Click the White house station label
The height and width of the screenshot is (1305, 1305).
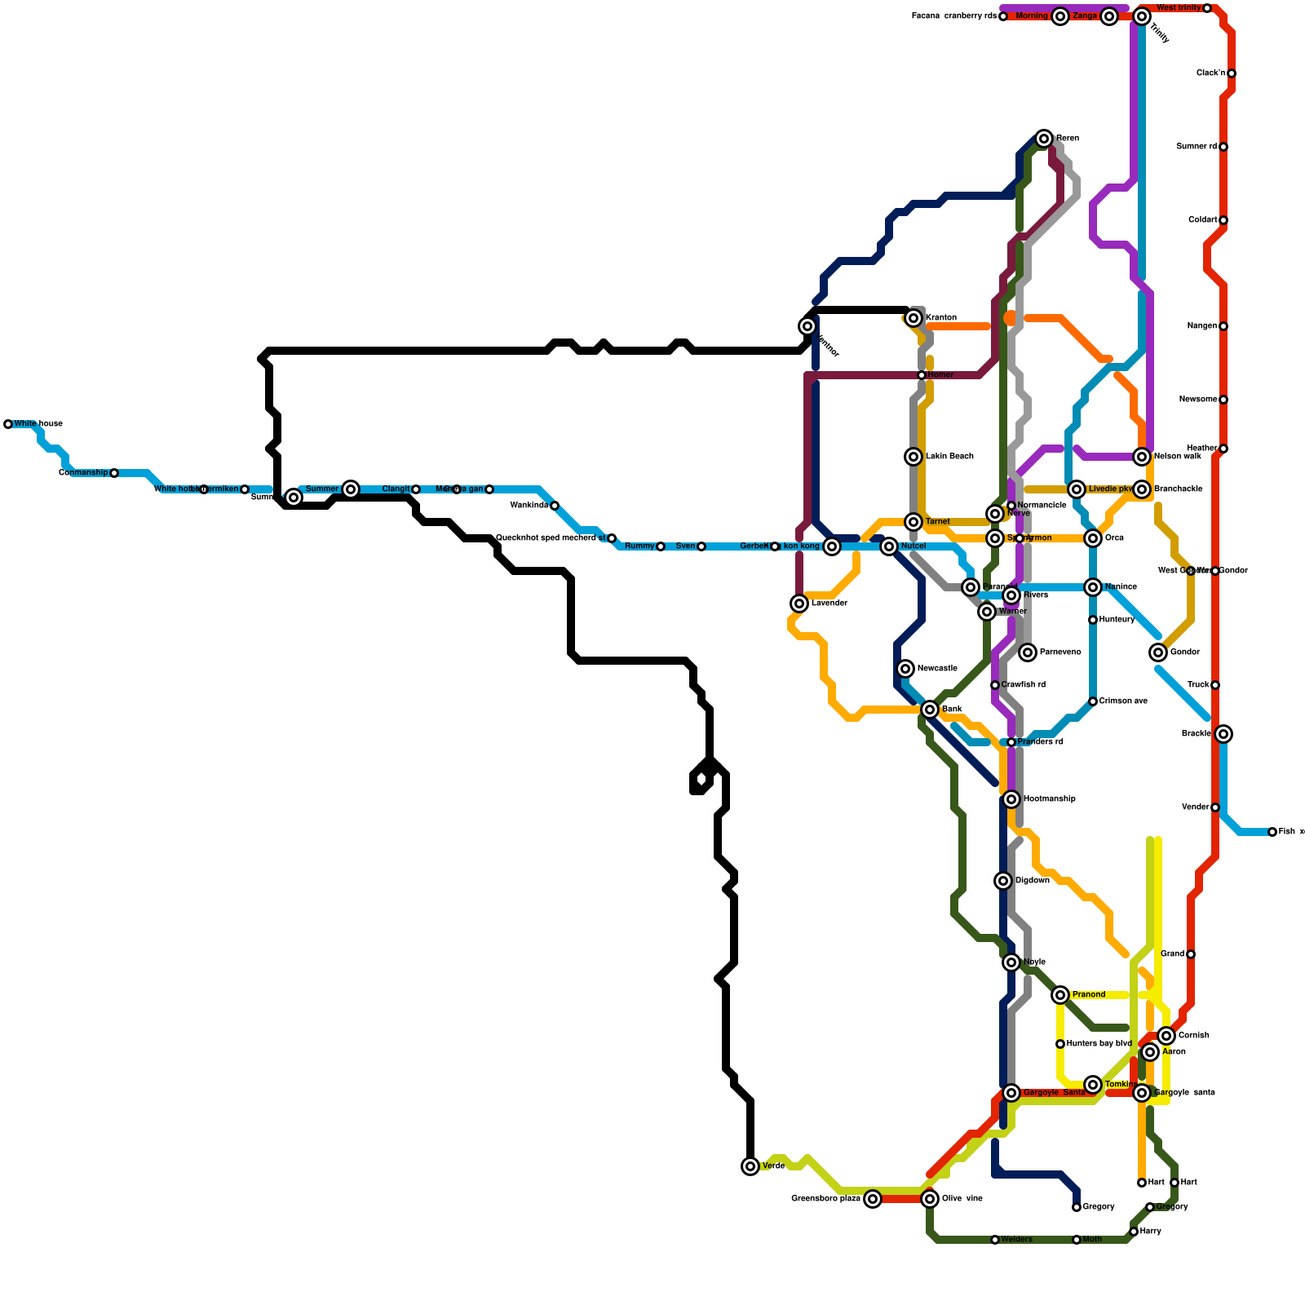click(x=38, y=424)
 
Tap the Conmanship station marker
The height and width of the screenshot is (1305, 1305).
click(x=114, y=473)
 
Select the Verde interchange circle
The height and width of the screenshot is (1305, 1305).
click(x=750, y=1166)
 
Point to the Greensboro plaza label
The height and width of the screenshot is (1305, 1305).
click(x=825, y=1199)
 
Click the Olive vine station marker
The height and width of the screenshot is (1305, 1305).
click(x=930, y=1199)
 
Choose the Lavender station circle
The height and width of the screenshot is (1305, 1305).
click(x=799, y=604)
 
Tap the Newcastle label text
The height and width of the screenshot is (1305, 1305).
click(x=937, y=669)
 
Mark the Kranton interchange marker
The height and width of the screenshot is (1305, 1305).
click(x=913, y=318)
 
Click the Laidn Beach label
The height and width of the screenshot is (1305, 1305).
click(x=949, y=457)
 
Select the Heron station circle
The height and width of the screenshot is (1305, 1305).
click(x=1044, y=139)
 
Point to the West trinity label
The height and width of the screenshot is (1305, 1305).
click(x=1179, y=8)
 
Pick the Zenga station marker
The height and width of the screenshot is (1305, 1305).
click(x=1109, y=16)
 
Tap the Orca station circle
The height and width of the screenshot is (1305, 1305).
click(x=1093, y=538)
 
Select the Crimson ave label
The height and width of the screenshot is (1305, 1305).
click(x=1123, y=701)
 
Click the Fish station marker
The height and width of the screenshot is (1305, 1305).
click(x=1272, y=832)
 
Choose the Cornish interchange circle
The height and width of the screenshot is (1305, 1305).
click(x=1166, y=1036)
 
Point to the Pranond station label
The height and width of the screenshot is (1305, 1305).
click(x=1089, y=995)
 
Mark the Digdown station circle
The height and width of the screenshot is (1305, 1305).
click(x=1003, y=881)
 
